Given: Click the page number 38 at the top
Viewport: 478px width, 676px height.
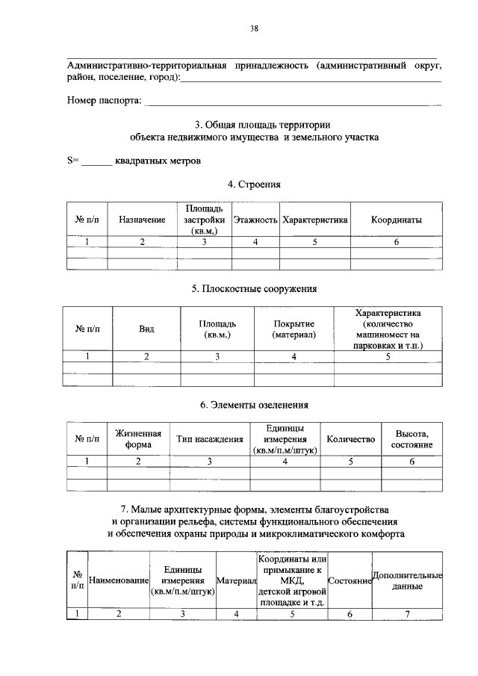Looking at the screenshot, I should pyautogui.click(x=254, y=29).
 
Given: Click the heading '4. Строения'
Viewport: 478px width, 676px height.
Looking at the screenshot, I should pyautogui.click(x=254, y=184).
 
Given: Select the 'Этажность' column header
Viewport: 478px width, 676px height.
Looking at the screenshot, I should pyautogui.click(x=255, y=220).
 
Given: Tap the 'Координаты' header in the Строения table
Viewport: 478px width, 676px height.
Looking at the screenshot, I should pyautogui.click(x=397, y=220).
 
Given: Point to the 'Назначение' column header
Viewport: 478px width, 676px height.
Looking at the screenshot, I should pyautogui.click(x=142, y=220).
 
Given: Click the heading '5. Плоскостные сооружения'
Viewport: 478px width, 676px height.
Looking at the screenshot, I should pyautogui.click(x=254, y=288).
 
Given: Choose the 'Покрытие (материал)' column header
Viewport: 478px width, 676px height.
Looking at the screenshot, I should pyautogui.click(x=294, y=329).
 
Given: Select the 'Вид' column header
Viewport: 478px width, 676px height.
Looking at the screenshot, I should pyautogui.click(x=147, y=329).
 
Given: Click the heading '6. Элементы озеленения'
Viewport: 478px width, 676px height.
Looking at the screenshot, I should pyautogui.click(x=254, y=405).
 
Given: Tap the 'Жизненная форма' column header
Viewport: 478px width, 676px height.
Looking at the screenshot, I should pyautogui.click(x=138, y=439).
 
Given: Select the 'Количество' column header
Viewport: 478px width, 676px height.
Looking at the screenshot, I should pyautogui.click(x=351, y=439).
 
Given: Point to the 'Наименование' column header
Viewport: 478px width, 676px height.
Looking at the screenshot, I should pyautogui.click(x=119, y=580).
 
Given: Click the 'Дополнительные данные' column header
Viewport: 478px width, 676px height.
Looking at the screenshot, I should pyautogui.click(x=407, y=580).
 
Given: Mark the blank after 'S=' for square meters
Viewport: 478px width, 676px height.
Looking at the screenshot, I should pyautogui.click(x=96, y=161).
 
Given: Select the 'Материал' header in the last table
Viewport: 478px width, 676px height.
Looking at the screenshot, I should pyautogui.click(x=236, y=580).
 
